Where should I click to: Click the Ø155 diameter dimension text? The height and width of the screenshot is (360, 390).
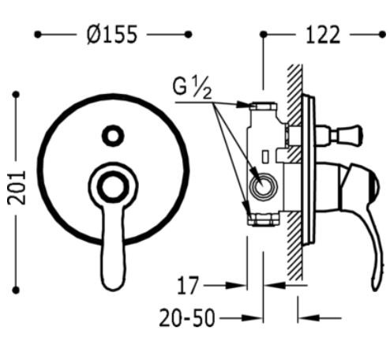click(x=112, y=34)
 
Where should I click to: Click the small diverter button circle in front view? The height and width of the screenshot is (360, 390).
click(x=113, y=136)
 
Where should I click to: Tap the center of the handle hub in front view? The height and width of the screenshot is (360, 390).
click(x=111, y=186)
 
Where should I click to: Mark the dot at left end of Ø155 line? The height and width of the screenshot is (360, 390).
click(x=38, y=34)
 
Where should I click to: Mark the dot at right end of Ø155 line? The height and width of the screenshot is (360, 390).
click(x=188, y=34)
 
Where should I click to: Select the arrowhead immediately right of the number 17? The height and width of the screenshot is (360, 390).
click(x=237, y=283)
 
